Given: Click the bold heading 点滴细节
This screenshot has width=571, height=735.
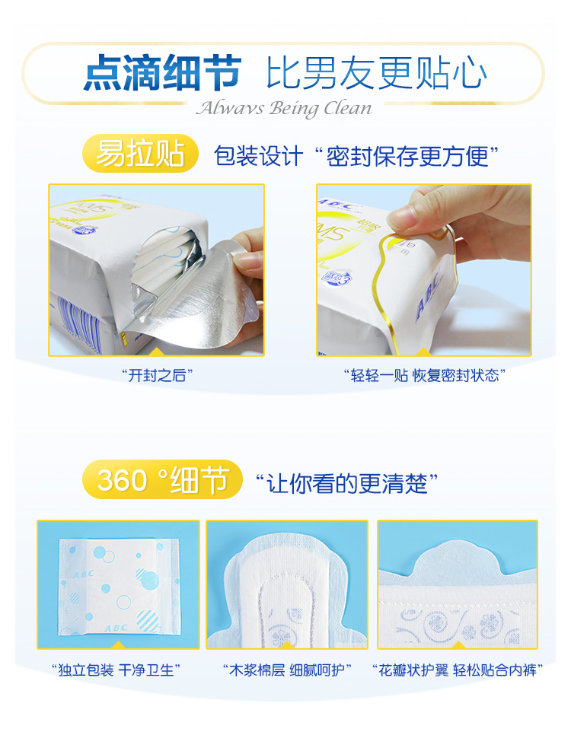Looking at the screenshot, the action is click(162, 72).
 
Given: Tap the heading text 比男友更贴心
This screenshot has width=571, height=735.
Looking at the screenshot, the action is click(377, 72).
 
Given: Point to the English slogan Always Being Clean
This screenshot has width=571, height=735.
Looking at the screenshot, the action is click(284, 108).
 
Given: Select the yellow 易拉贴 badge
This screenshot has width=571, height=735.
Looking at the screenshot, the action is click(140, 153).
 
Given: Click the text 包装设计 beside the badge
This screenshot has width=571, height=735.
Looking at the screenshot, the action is click(258, 156).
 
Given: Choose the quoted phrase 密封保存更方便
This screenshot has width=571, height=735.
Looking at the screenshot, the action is click(407, 156).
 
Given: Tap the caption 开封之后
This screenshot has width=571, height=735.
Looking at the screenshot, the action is click(157, 375).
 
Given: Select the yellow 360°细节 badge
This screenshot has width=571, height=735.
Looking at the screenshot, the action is click(162, 479).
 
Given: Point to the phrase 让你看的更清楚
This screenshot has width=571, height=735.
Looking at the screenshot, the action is click(346, 483).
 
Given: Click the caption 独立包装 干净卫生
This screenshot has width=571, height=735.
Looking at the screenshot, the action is click(116, 670).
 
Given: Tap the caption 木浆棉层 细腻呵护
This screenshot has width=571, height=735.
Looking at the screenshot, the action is click(287, 670).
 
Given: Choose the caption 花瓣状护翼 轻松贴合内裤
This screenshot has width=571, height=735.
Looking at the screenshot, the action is click(458, 670).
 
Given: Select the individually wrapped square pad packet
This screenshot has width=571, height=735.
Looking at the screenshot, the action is click(120, 587).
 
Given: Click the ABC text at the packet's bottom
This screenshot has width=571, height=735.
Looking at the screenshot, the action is click(116, 627).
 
